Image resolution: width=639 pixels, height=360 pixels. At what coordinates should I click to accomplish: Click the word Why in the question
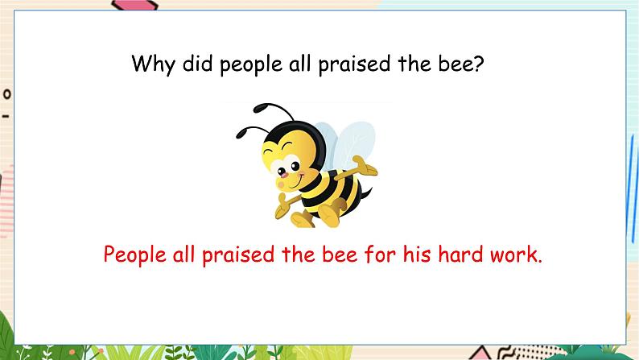[153, 64]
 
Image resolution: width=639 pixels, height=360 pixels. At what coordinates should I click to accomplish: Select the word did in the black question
[197, 63]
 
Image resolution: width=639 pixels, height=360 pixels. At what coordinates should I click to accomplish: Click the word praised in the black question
[354, 64]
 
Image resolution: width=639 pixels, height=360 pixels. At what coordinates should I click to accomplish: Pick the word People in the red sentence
[134, 255]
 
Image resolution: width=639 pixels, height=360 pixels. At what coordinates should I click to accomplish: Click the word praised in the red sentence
[238, 255]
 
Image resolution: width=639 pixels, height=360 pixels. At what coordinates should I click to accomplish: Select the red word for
[380, 254]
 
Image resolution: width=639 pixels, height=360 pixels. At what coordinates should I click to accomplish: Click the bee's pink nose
[282, 174]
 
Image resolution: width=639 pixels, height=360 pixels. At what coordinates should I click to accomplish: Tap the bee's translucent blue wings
[345, 145]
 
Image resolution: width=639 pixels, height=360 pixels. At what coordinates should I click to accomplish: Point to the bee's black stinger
[367, 193]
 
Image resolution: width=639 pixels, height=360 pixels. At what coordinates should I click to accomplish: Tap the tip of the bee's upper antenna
[258, 109]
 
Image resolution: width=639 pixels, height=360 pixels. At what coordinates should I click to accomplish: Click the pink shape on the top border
[134, 6]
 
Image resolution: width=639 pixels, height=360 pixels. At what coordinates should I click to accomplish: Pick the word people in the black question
[251, 64]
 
